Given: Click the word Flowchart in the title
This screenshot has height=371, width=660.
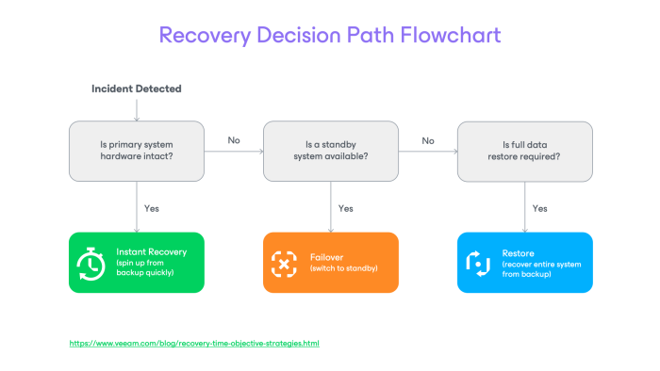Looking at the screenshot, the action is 451,35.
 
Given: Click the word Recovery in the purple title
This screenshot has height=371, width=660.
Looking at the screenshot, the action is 205,36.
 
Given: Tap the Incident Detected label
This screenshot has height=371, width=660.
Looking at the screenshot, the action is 137,89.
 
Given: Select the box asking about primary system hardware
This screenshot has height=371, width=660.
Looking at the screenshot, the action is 137,152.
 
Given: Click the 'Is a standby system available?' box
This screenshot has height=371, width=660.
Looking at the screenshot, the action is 331,152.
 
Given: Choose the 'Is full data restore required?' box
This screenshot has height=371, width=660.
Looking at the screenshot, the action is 525,152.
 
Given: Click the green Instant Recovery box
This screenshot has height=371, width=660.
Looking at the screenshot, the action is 137,263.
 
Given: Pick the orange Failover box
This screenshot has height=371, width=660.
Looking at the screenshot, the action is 331,263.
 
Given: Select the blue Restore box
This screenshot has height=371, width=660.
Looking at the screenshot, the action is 525,263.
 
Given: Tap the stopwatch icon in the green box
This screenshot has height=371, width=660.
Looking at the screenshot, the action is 91,264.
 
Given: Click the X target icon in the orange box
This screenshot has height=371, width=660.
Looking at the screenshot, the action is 284,264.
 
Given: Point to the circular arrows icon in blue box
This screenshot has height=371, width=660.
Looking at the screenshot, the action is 478,264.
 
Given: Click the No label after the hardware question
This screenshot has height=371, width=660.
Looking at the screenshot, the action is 234,140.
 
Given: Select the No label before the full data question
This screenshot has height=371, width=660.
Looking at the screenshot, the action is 428,140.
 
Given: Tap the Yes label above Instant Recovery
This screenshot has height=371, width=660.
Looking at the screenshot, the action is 152,208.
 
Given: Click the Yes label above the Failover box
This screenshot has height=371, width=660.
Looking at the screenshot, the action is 346,208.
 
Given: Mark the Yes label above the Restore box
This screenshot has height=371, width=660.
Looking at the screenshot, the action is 539,208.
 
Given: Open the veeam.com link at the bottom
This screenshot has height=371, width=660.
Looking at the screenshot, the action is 194,344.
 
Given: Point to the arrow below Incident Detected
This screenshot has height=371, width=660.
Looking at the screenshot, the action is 137,110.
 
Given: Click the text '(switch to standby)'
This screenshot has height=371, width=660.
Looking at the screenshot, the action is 344,268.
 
